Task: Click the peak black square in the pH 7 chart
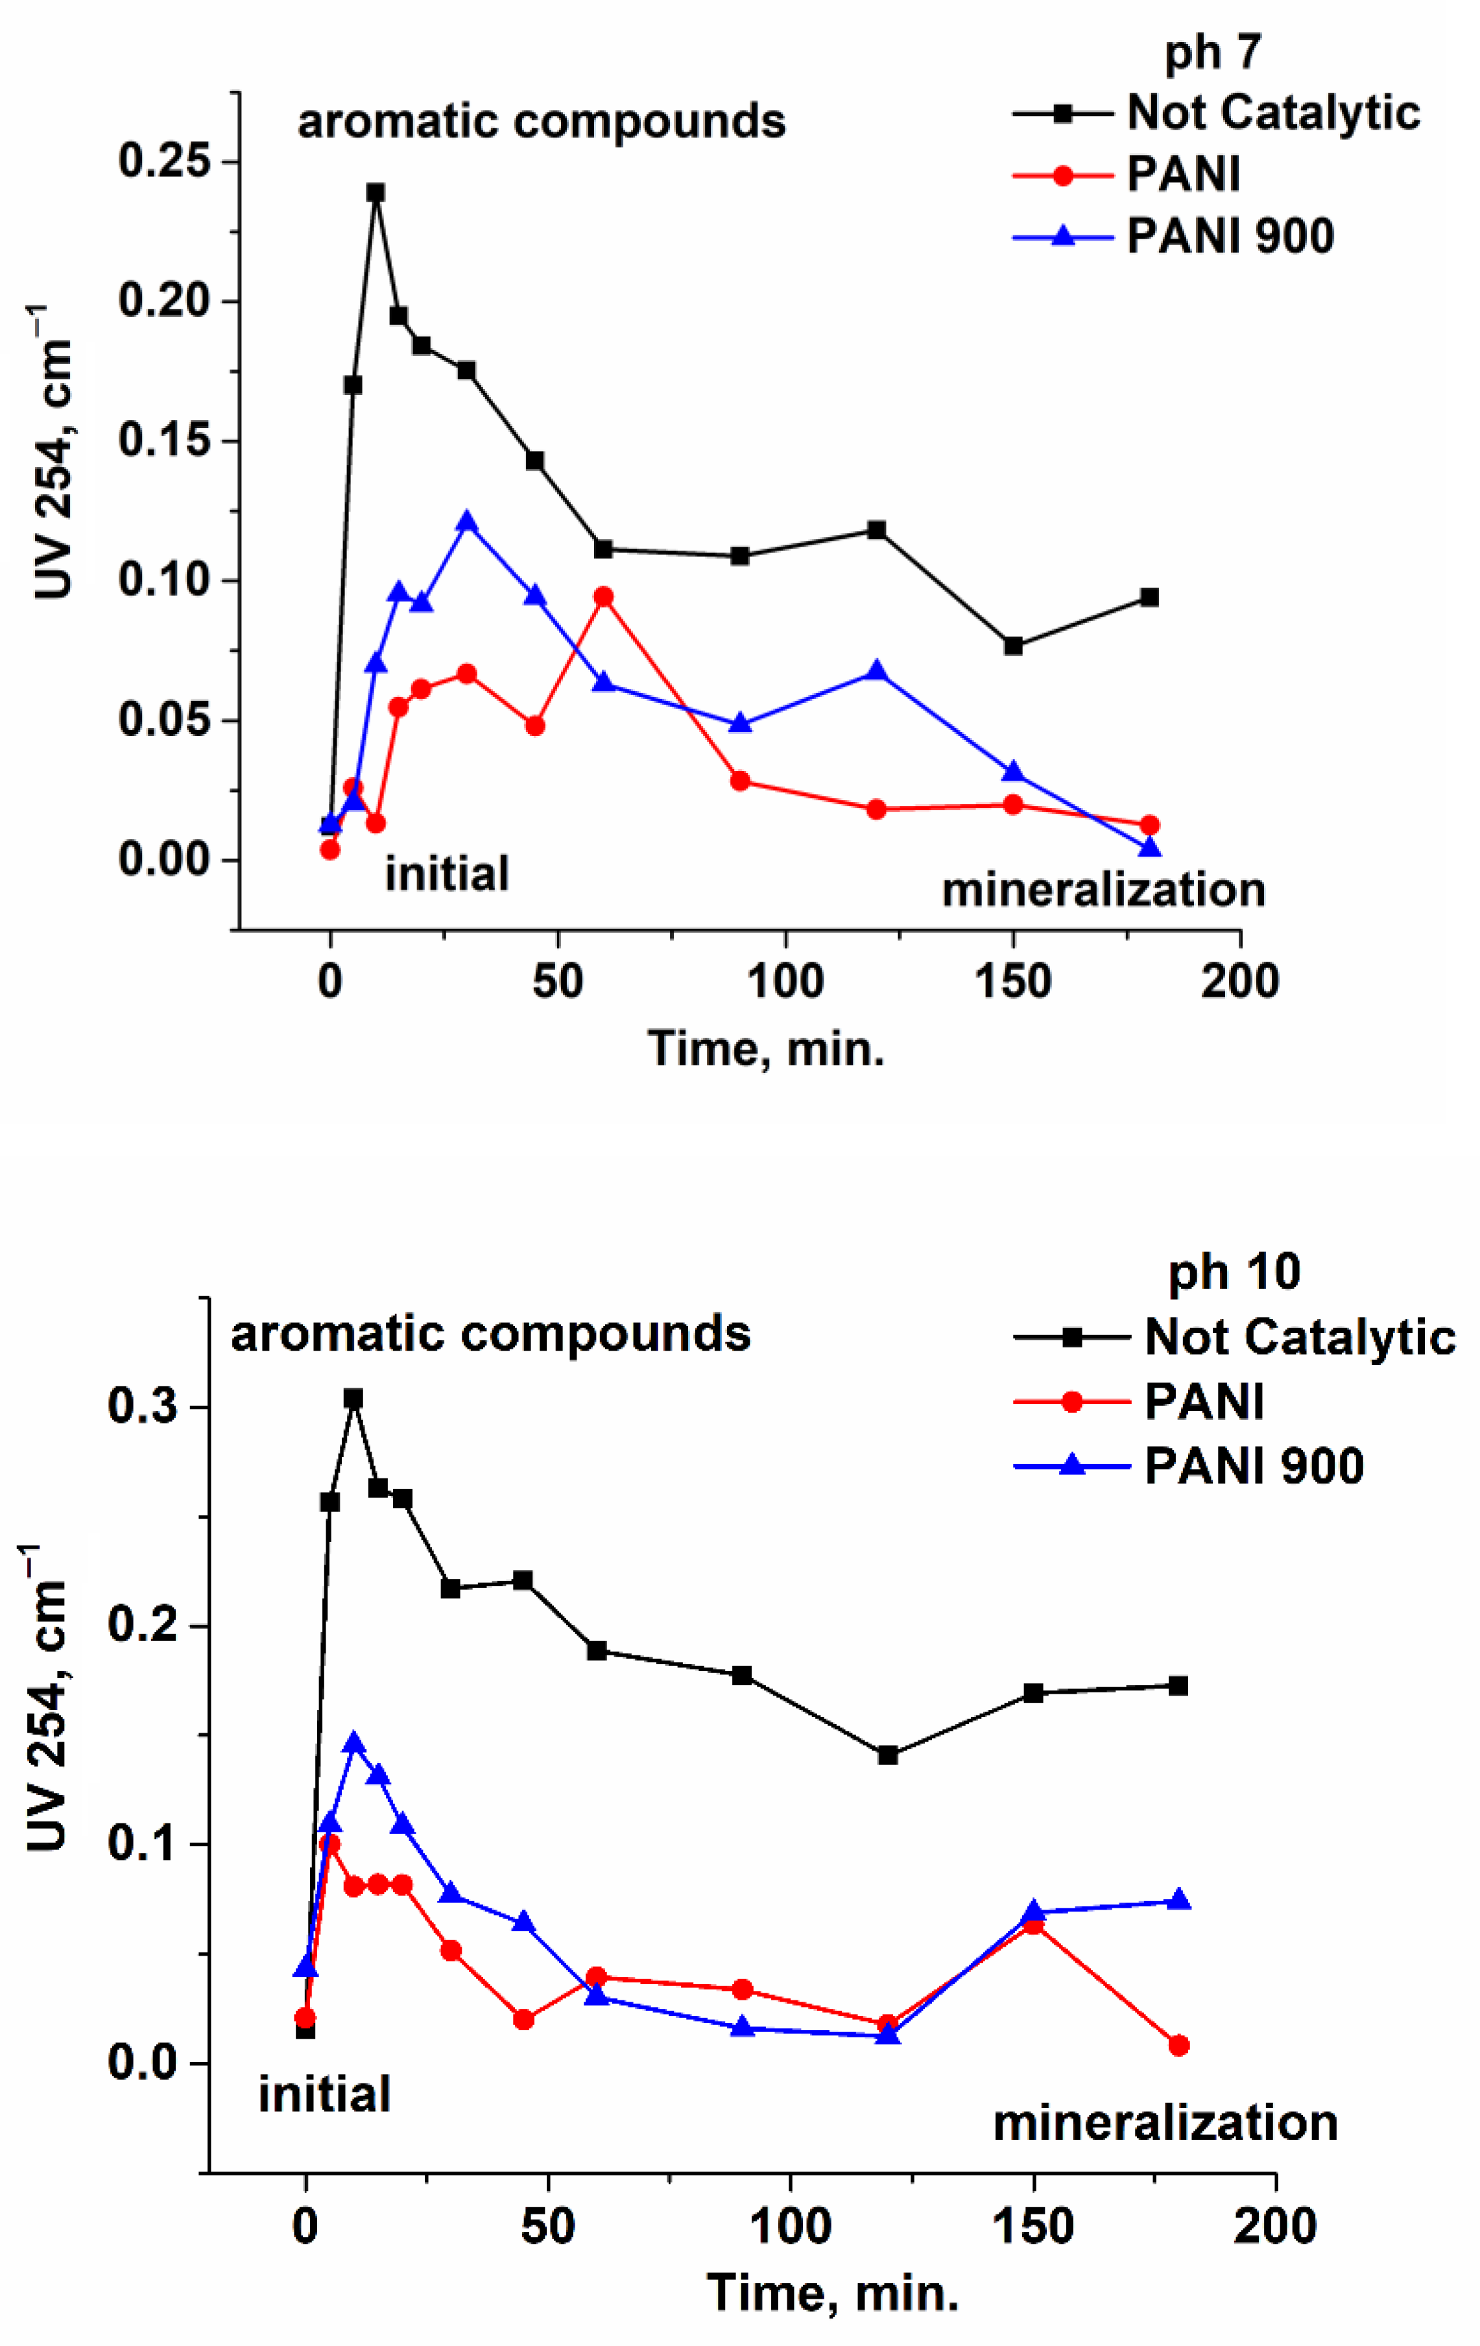[375, 193]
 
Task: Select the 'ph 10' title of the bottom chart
[1234, 1272]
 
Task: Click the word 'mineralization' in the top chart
[1103, 890]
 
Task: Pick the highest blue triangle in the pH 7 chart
[467, 521]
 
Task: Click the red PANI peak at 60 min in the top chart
[603, 597]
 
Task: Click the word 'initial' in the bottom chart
[324, 2094]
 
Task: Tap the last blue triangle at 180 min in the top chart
[1150, 847]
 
